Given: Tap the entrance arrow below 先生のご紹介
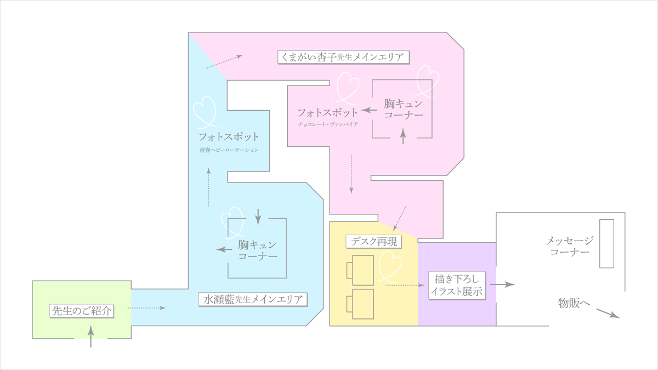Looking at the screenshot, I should [91, 335].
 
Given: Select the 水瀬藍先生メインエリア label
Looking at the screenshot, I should [253, 299].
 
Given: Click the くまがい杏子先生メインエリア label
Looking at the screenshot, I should [343, 57].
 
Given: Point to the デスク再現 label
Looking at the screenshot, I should [375, 241].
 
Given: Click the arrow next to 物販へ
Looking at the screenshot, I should [608, 313].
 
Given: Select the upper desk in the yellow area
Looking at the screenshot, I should [362, 270].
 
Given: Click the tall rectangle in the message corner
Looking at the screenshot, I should [606, 243].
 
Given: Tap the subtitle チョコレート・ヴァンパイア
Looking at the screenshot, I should [328, 125].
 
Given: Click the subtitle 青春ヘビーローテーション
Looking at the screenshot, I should [229, 150].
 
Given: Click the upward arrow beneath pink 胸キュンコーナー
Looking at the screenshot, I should [404, 135].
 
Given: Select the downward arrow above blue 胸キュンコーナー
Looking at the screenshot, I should [258, 215].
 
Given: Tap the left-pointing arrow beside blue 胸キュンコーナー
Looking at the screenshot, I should [224, 249].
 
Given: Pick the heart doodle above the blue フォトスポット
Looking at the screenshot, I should [205, 110].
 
